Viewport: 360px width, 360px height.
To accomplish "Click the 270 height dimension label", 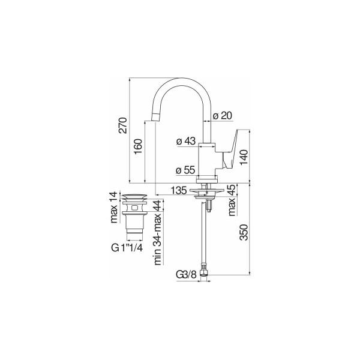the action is coord(123,125).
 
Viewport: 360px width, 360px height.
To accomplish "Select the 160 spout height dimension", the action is coord(138,147).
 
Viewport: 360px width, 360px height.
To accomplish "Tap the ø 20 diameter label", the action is coord(222,115).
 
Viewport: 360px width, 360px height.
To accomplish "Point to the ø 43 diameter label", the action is coord(186,141).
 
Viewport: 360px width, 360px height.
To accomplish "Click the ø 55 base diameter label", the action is coord(185,170).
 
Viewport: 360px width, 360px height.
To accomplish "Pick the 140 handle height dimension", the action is coord(244,157).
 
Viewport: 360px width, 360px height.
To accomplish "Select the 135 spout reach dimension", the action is coord(179,190).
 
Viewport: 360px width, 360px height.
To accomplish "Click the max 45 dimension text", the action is coord(232,200).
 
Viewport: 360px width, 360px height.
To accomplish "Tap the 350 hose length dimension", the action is coord(244,232).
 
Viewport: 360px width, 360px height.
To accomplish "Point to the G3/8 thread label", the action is coord(187,274).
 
